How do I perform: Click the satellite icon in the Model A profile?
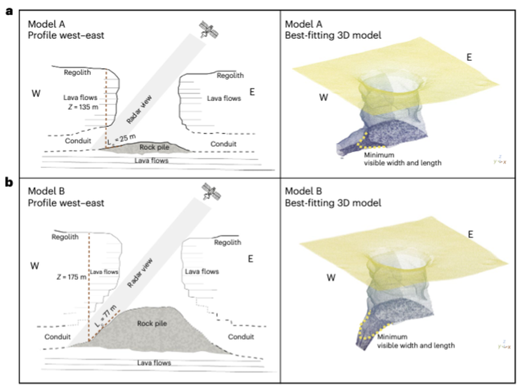point(208,30)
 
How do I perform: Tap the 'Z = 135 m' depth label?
point(83,107)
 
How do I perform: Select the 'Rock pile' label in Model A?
point(154,147)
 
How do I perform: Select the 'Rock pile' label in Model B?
point(152,323)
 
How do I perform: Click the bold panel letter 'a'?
point(9,12)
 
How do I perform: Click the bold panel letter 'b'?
point(9,182)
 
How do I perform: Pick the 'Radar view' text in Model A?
point(139,110)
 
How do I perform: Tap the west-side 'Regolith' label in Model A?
point(77,72)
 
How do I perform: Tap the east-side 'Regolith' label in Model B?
point(227,242)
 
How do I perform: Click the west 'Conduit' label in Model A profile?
point(78,140)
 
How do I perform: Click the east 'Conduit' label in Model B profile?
point(241,337)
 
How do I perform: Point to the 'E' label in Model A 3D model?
point(469,57)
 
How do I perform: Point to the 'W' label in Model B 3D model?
point(331,278)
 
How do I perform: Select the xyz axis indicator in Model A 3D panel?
point(500,160)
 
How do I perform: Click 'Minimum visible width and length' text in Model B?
point(415,341)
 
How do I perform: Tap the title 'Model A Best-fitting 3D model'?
point(333,30)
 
